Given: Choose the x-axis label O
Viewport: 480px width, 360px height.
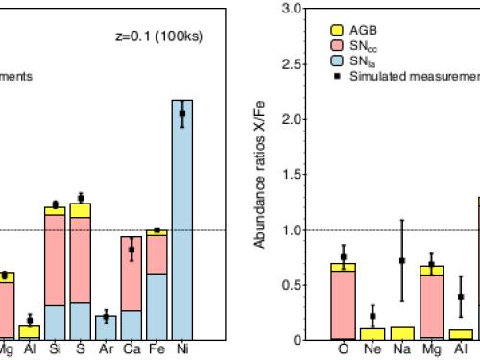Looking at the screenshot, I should coord(343,350).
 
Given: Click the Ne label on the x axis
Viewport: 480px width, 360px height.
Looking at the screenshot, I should coord(372,350).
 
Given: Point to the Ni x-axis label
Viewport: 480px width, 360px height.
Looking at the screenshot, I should coord(182,350).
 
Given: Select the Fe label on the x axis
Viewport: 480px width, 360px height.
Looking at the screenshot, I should coord(156,350).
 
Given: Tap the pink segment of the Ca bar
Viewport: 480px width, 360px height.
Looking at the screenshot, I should coord(131,274).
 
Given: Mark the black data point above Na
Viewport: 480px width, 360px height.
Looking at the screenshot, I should coord(402,260).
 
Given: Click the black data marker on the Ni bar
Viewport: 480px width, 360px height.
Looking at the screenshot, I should coord(181,113).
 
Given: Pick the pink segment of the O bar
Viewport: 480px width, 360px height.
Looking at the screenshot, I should coord(343,304).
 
